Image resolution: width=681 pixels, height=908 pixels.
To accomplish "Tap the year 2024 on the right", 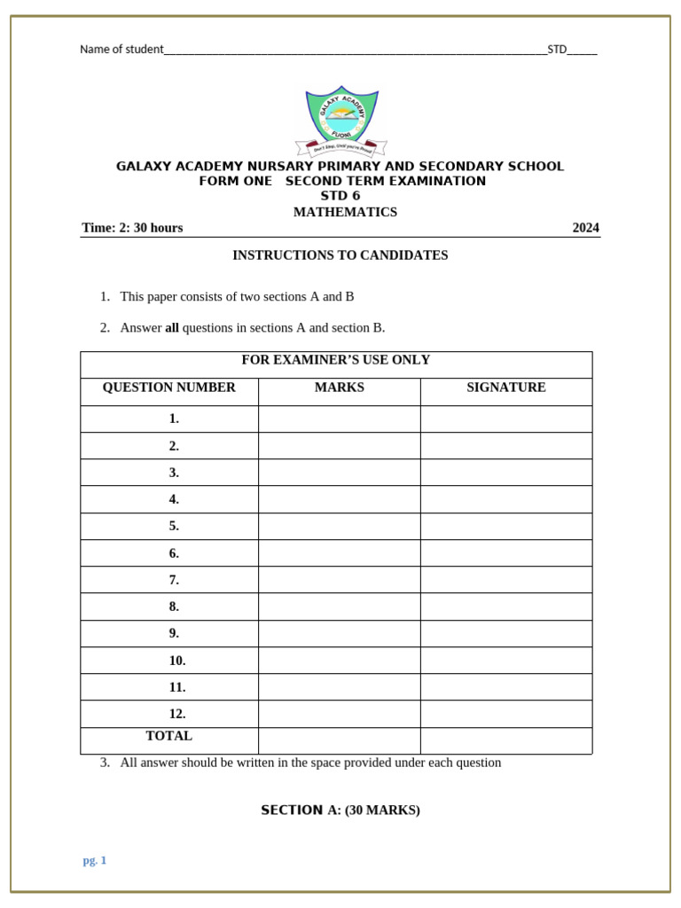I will [585, 228].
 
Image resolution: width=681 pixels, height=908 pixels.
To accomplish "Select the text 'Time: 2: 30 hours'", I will [132, 228].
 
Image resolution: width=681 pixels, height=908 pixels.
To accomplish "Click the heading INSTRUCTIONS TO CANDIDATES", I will [340, 255].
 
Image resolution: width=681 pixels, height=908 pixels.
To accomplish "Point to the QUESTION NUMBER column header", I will [169, 387].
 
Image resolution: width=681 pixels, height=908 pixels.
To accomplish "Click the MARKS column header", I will [339, 387].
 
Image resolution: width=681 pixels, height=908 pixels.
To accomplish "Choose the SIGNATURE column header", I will [505, 387].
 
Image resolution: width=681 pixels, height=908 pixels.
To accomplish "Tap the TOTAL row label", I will [168, 736].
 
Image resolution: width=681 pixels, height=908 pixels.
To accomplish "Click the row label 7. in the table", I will [174, 580].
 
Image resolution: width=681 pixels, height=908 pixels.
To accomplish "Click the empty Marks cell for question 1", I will [339, 419].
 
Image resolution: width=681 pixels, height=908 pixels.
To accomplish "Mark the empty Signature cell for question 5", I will [505, 526].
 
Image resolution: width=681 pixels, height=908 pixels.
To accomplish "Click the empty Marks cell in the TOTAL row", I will [339, 740].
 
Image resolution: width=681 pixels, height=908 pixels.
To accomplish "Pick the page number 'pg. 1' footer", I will [95, 860].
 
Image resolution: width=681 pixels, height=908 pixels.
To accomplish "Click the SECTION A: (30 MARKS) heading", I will [340, 810].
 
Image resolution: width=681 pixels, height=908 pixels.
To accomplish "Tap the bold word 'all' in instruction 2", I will [172, 328].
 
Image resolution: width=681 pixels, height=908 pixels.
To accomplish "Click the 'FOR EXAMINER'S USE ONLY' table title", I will [336, 360].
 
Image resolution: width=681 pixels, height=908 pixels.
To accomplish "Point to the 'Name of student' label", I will [121, 50].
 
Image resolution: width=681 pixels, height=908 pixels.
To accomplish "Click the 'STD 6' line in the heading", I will [340, 196].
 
